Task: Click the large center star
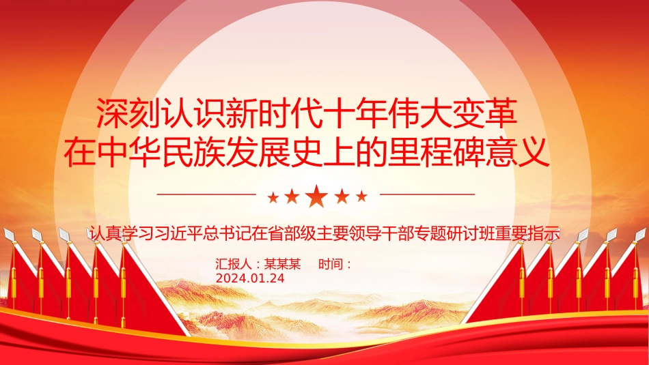[x=316, y=196]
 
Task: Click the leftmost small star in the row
[x=273, y=198]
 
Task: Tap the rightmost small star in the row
[x=362, y=196]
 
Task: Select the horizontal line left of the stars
[x=206, y=194]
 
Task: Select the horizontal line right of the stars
[x=427, y=194]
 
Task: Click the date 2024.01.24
[x=250, y=278]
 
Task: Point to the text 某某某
[x=282, y=264]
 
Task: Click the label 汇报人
[x=234, y=264]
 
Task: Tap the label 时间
[x=330, y=264]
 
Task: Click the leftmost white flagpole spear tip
[x=9, y=235]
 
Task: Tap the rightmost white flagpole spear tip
[x=640, y=235]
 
